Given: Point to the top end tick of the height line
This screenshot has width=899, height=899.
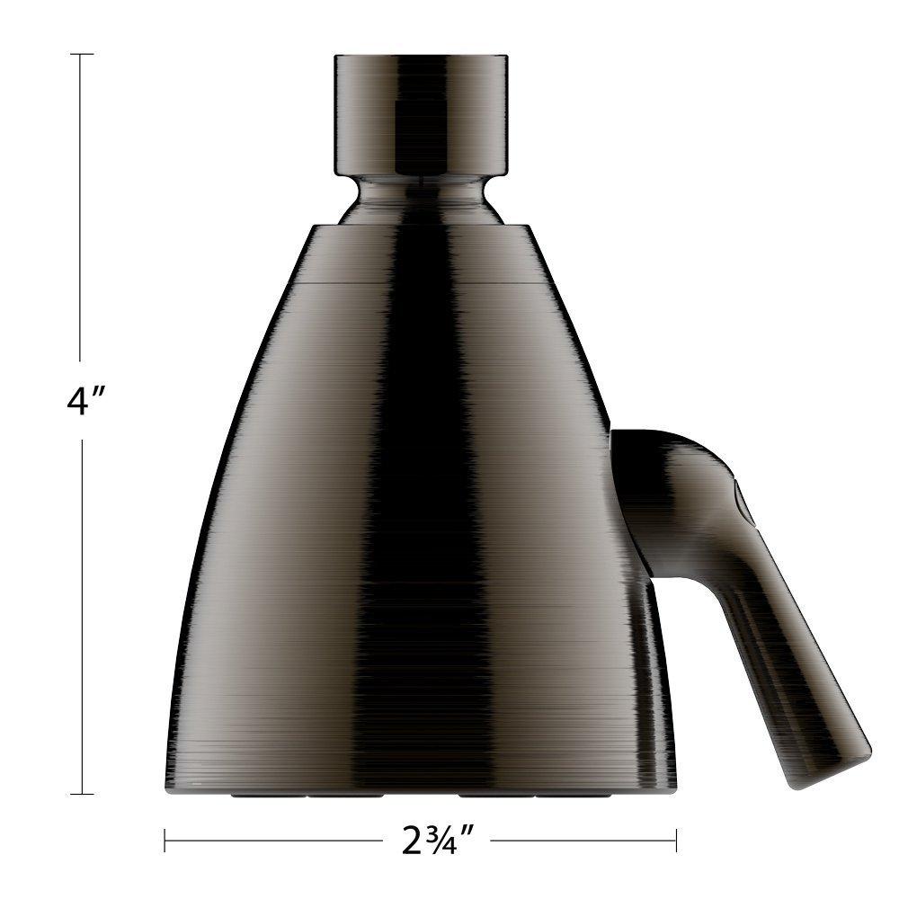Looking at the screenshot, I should point(82,55).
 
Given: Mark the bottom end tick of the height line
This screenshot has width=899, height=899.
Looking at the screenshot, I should point(82,794).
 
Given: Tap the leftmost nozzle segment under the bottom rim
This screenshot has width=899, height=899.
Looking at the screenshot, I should point(256,796).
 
